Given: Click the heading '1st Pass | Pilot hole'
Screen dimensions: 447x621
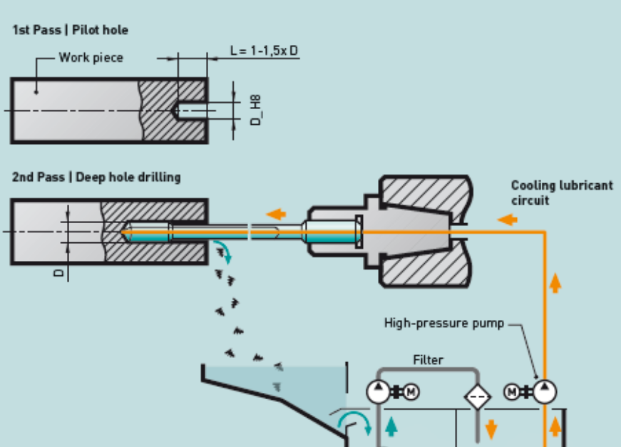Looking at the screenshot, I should click(70, 31).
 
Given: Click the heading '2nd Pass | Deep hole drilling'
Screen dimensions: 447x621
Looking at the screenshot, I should click(96, 177).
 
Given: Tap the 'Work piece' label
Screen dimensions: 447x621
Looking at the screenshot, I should click(91, 58).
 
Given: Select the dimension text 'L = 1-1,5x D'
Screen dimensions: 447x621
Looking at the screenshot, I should click(264, 51).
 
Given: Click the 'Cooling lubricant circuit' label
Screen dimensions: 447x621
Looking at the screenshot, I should click(561, 192).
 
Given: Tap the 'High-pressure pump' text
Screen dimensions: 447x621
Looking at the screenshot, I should click(443, 323).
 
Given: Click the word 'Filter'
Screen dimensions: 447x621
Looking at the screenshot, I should click(428, 360).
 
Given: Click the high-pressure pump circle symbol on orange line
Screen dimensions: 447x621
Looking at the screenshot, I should click(545, 391).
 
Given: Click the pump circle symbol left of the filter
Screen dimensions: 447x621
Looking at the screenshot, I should click(377, 391).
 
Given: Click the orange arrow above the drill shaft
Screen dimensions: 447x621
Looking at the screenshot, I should click(277, 213).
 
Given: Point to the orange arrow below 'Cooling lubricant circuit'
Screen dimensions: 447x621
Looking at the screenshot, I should click(507, 220).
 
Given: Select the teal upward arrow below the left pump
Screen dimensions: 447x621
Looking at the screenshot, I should click(390, 426).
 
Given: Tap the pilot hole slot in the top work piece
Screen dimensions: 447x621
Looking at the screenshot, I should click(190, 111).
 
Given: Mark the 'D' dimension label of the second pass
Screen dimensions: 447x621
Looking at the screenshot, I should click(59, 272).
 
